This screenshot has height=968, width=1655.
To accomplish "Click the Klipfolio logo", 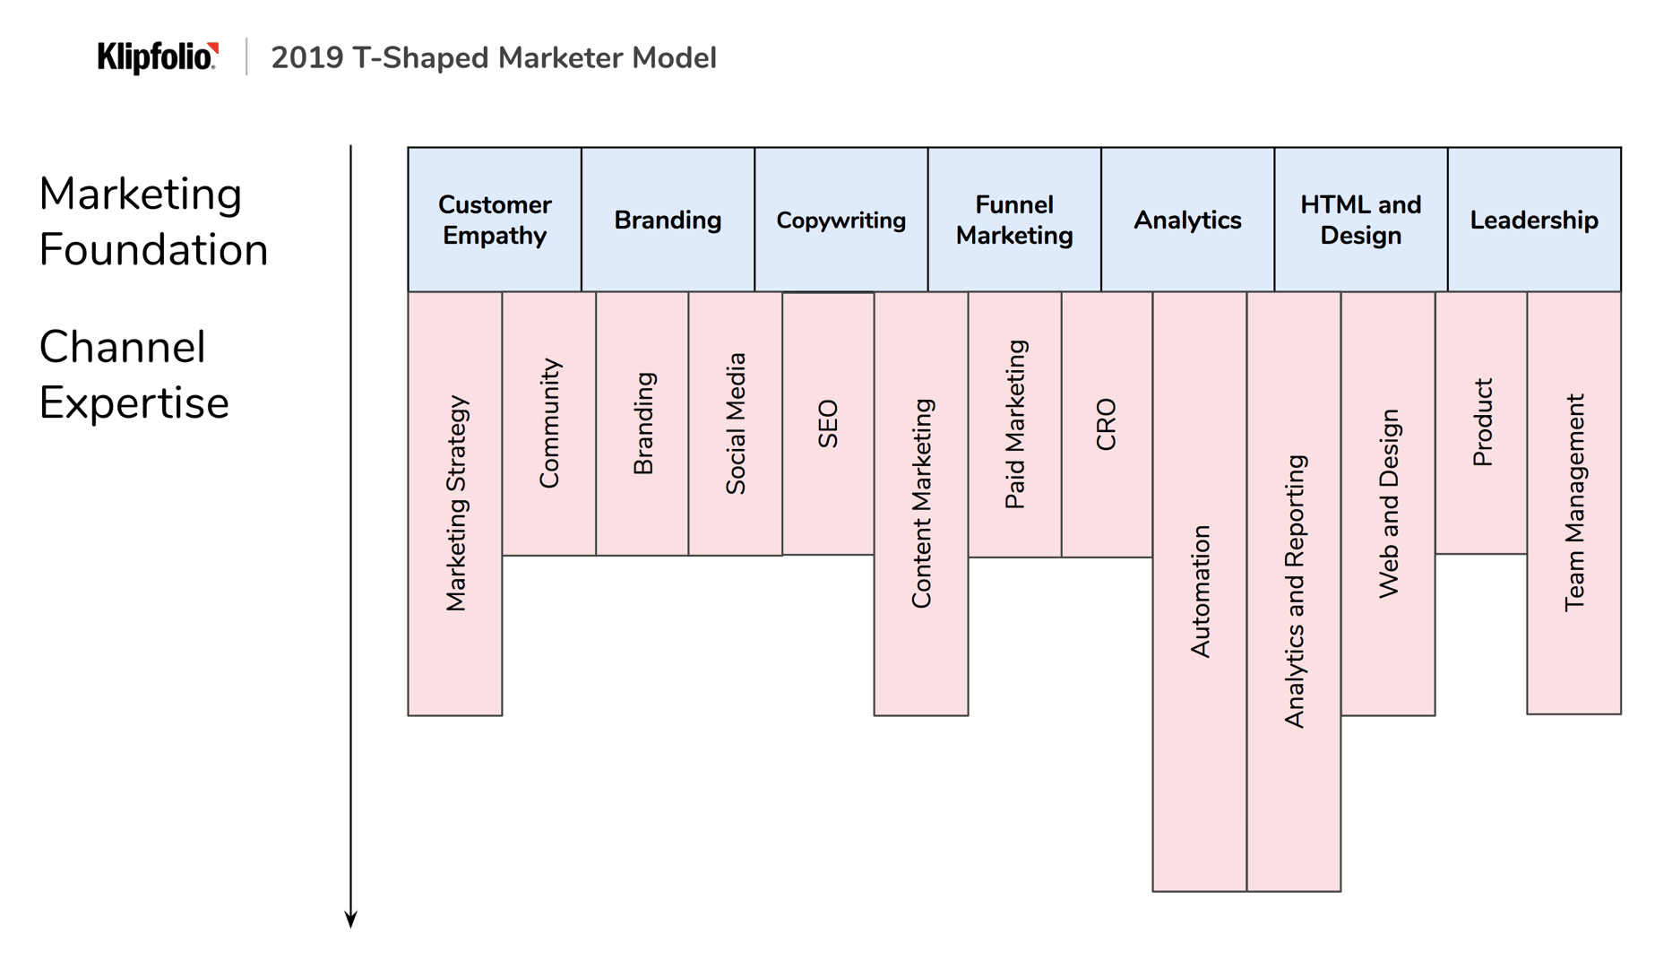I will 158,57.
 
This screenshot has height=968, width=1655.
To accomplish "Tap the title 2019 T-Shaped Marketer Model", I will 493,58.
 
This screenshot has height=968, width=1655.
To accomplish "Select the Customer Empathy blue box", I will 494,220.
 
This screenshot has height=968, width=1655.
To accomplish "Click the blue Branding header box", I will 668,220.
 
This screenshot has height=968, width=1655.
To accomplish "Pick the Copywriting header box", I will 840,220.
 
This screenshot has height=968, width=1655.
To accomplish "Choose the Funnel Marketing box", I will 1013,220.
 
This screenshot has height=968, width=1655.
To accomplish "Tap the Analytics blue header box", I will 1187,220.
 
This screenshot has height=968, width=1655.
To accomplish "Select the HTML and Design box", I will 1360,220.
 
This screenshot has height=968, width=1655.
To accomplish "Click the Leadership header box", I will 1533,220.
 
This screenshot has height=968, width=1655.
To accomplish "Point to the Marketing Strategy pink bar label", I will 456,504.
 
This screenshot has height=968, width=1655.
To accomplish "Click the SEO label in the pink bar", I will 828,424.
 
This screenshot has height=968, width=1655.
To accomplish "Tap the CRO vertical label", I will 1107,424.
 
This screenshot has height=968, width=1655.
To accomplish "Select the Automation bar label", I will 1200,592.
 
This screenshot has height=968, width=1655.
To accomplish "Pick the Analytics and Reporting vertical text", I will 1294,592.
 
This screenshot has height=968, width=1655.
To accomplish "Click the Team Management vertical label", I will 1574,503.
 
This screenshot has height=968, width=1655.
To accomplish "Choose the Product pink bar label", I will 1482,422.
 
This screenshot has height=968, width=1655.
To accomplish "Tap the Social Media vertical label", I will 735,424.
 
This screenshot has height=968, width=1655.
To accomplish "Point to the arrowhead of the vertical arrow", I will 351,920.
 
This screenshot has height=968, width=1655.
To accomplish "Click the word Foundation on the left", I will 153,250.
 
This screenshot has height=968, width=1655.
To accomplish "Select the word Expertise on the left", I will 134,403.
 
